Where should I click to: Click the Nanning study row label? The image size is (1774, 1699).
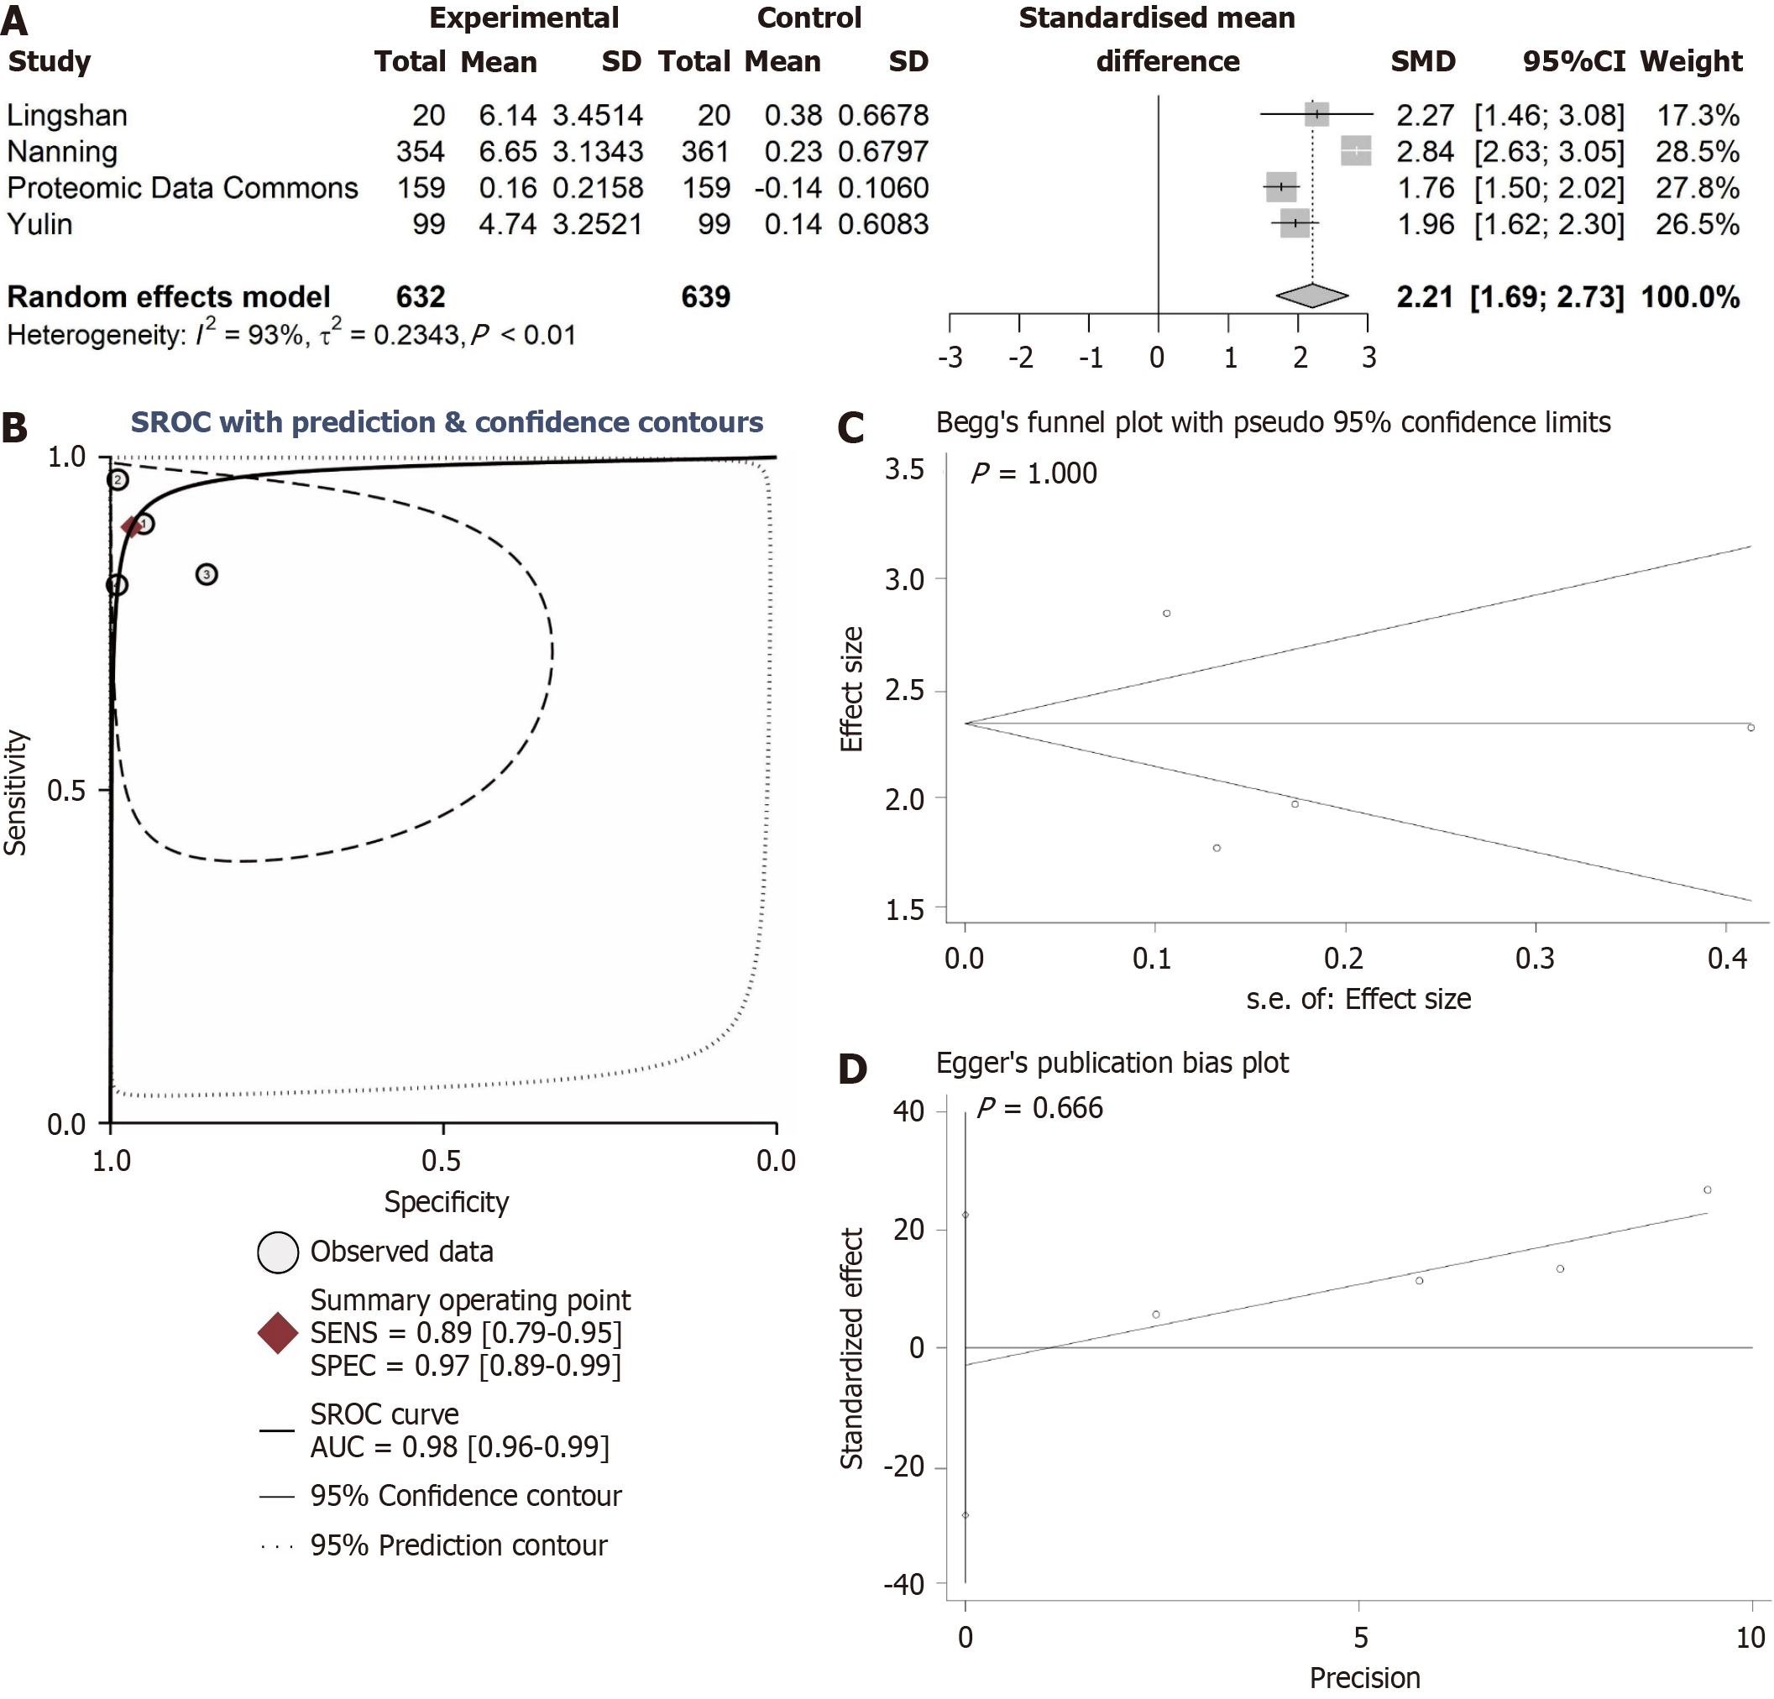tap(62, 151)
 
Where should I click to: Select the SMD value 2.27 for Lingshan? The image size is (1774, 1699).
tap(1425, 115)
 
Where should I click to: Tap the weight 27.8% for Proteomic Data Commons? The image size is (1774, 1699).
tap(1697, 187)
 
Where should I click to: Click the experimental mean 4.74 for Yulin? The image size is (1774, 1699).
tap(507, 223)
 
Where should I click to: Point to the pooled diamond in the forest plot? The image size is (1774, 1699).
tap(1311, 295)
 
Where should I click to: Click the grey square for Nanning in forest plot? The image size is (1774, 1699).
tap(1355, 151)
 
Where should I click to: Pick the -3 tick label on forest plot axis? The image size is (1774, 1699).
tap(950, 358)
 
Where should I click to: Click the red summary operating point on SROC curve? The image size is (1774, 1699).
tap(132, 526)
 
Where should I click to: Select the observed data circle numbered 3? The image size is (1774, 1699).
tap(207, 574)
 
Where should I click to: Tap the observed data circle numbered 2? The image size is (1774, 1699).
tap(118, 480)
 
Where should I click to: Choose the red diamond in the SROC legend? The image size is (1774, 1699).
tap(278, 1332)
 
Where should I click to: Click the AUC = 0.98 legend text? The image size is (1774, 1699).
tap(459, 1446)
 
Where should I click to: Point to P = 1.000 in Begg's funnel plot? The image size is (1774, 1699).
tap(1033, 473)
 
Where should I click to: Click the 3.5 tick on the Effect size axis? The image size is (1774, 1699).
tap(904, 469)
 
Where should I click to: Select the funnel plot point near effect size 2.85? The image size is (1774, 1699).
tap(1167, 614)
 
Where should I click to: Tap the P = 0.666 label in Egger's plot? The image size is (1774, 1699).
tap(1039, 1108)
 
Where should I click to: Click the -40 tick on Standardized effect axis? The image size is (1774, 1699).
tap(903, 1584)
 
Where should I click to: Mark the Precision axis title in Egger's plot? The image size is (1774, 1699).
tap(1364, 1677)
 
